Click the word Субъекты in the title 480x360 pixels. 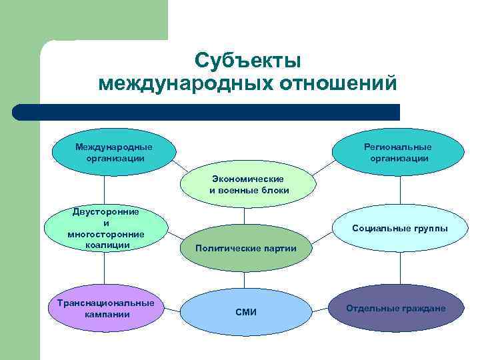pyautogui.click(x=248, y=61)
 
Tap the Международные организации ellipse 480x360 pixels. pyautogui.click(x=113, y=153)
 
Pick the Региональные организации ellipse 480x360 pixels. pyautogui.click(x=397, y=153)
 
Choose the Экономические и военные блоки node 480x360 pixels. pyautogui.click(x=248, y=185)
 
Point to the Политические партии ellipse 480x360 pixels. pyautogui.click(x=245, y=248)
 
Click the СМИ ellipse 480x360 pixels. pyautogui.click(x=245, y=312)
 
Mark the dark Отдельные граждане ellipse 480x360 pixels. pyautogui.click(x=396, y=308)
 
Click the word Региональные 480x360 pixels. pyautogui.click(x=397, y=147)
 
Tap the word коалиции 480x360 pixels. pyautogui.click(x=107, y=245)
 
